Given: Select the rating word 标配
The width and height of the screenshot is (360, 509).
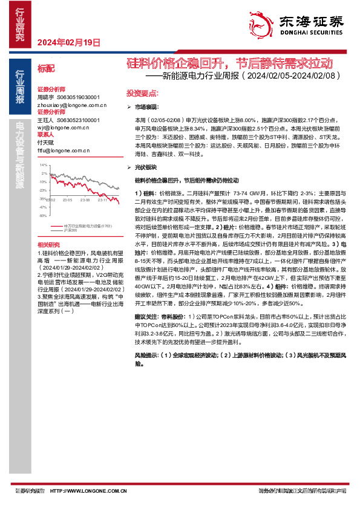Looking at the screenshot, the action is point(46,69).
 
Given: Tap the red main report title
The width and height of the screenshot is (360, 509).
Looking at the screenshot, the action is point(229,63).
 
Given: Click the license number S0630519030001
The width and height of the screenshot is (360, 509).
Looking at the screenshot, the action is point(78,97).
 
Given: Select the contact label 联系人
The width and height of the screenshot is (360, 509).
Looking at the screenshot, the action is point(47,135).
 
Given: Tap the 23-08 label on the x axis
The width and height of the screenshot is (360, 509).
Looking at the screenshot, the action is point(84,199).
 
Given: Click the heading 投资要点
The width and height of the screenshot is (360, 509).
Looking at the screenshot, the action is point(142,94).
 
